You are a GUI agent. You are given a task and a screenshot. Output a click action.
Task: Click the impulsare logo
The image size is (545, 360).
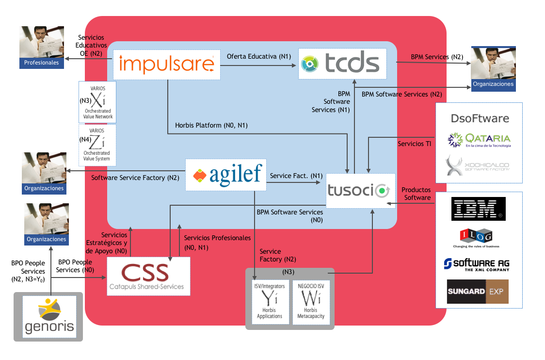point(166,65)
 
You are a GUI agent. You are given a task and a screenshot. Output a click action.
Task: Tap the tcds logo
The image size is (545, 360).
point(342,64)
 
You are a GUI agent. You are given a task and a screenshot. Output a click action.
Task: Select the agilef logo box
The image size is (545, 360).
point(226,175)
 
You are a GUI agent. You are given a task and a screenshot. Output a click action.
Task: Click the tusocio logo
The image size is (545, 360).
point(360,191)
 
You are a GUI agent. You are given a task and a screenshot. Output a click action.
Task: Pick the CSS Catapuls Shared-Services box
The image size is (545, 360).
point(148,276)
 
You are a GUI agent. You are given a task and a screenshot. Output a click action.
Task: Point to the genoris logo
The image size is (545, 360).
point(49,317)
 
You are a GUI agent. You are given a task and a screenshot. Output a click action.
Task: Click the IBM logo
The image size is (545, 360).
point(478,209)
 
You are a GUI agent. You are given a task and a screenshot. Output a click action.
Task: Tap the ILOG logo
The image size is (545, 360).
point(476,238)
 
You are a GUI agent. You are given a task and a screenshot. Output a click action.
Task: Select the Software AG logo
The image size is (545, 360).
point(477,264)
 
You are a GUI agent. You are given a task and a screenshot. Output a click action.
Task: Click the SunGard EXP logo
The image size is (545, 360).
point(478,292)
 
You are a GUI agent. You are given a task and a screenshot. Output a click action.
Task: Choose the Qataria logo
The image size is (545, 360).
point(480,140)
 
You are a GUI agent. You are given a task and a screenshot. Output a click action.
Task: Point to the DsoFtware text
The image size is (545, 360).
point(480,118)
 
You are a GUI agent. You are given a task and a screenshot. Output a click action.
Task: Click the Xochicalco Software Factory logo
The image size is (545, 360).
point(478,165)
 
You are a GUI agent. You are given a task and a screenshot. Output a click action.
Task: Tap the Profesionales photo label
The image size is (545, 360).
point(41,63)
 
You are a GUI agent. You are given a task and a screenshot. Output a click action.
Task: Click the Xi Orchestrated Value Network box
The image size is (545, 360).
point(97,102)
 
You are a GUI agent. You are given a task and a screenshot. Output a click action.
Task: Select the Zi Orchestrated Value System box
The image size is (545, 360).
point(97,145)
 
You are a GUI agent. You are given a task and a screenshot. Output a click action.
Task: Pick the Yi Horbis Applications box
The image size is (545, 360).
point(270,302)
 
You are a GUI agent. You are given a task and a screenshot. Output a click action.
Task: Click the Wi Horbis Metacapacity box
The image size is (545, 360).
point(311,302)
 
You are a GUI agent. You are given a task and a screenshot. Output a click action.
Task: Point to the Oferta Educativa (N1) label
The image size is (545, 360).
point(259,56)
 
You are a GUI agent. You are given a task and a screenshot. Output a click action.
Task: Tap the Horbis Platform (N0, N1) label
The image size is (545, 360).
point(211,125)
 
